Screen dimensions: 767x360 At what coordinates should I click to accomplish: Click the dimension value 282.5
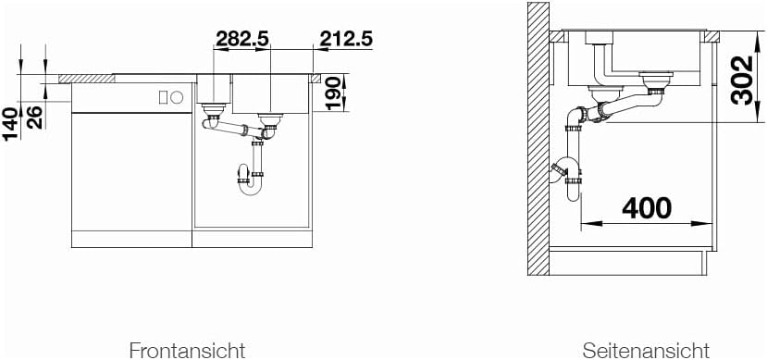(242, 39)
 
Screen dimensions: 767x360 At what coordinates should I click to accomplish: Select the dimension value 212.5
(346, 39)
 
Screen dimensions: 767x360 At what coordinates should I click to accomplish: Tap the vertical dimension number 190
(333, 93)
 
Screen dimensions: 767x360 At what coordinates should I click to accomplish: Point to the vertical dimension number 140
(11, 124)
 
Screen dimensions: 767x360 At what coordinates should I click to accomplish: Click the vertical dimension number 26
(35, 118)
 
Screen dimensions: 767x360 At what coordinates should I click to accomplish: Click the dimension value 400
(646, 209)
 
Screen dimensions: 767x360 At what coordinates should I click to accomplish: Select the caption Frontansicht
(187, 351)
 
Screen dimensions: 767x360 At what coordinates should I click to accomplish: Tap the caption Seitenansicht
(646, 351)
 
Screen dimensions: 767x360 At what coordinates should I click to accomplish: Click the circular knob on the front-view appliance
(177, 98)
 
